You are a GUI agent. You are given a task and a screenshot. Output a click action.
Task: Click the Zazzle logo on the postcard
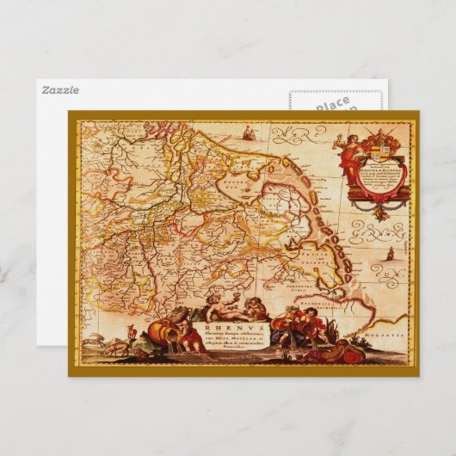click(x=59, y=89)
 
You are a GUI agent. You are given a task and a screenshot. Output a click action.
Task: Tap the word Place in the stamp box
click(x=332, y=105)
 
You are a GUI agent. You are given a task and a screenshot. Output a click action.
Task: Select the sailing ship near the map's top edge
click(x=250, y=133)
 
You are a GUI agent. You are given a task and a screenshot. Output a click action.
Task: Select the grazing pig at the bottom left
click(x=116, y=348)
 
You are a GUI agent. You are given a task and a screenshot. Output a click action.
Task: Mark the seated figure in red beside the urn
click(x=303, y=329)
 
